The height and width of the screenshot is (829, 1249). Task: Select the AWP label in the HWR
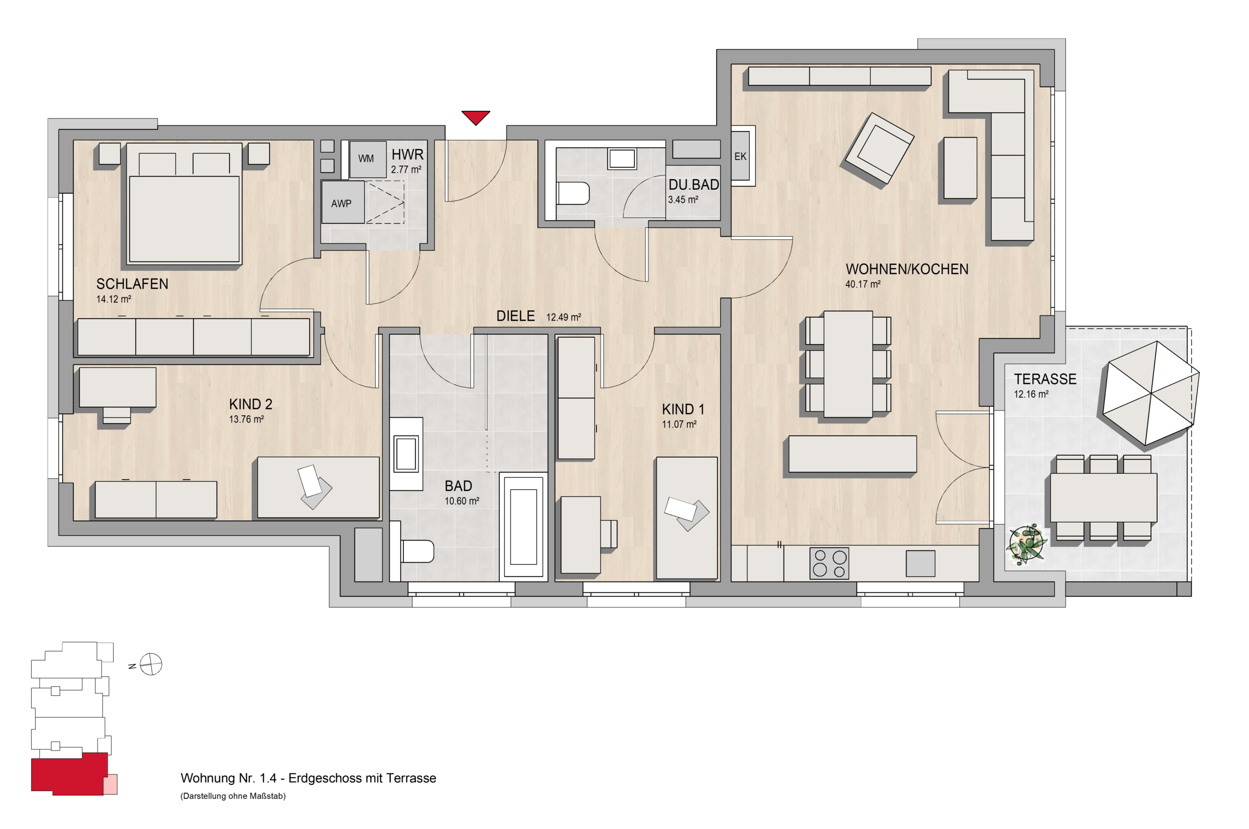click(x=341, y=203)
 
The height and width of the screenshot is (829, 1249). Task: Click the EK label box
click(x=740, y=156)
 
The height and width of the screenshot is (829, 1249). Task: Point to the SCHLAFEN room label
click(x=132, y=284)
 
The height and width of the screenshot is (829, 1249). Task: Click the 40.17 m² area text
click(x=863, y=284)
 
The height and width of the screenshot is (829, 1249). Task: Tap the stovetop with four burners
click(x=829, y=563)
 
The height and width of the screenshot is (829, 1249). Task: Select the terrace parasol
click(x=1150, y=393)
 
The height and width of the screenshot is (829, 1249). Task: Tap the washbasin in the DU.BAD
click(x=622, y=159)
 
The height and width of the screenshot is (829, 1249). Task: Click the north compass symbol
click(x=151, y=664)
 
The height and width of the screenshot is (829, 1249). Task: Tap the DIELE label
click(x=515, y=316)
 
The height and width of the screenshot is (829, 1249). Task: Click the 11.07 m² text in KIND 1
click(x=679, y=424)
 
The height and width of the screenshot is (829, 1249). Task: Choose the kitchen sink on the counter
click(x=920, y=564)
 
